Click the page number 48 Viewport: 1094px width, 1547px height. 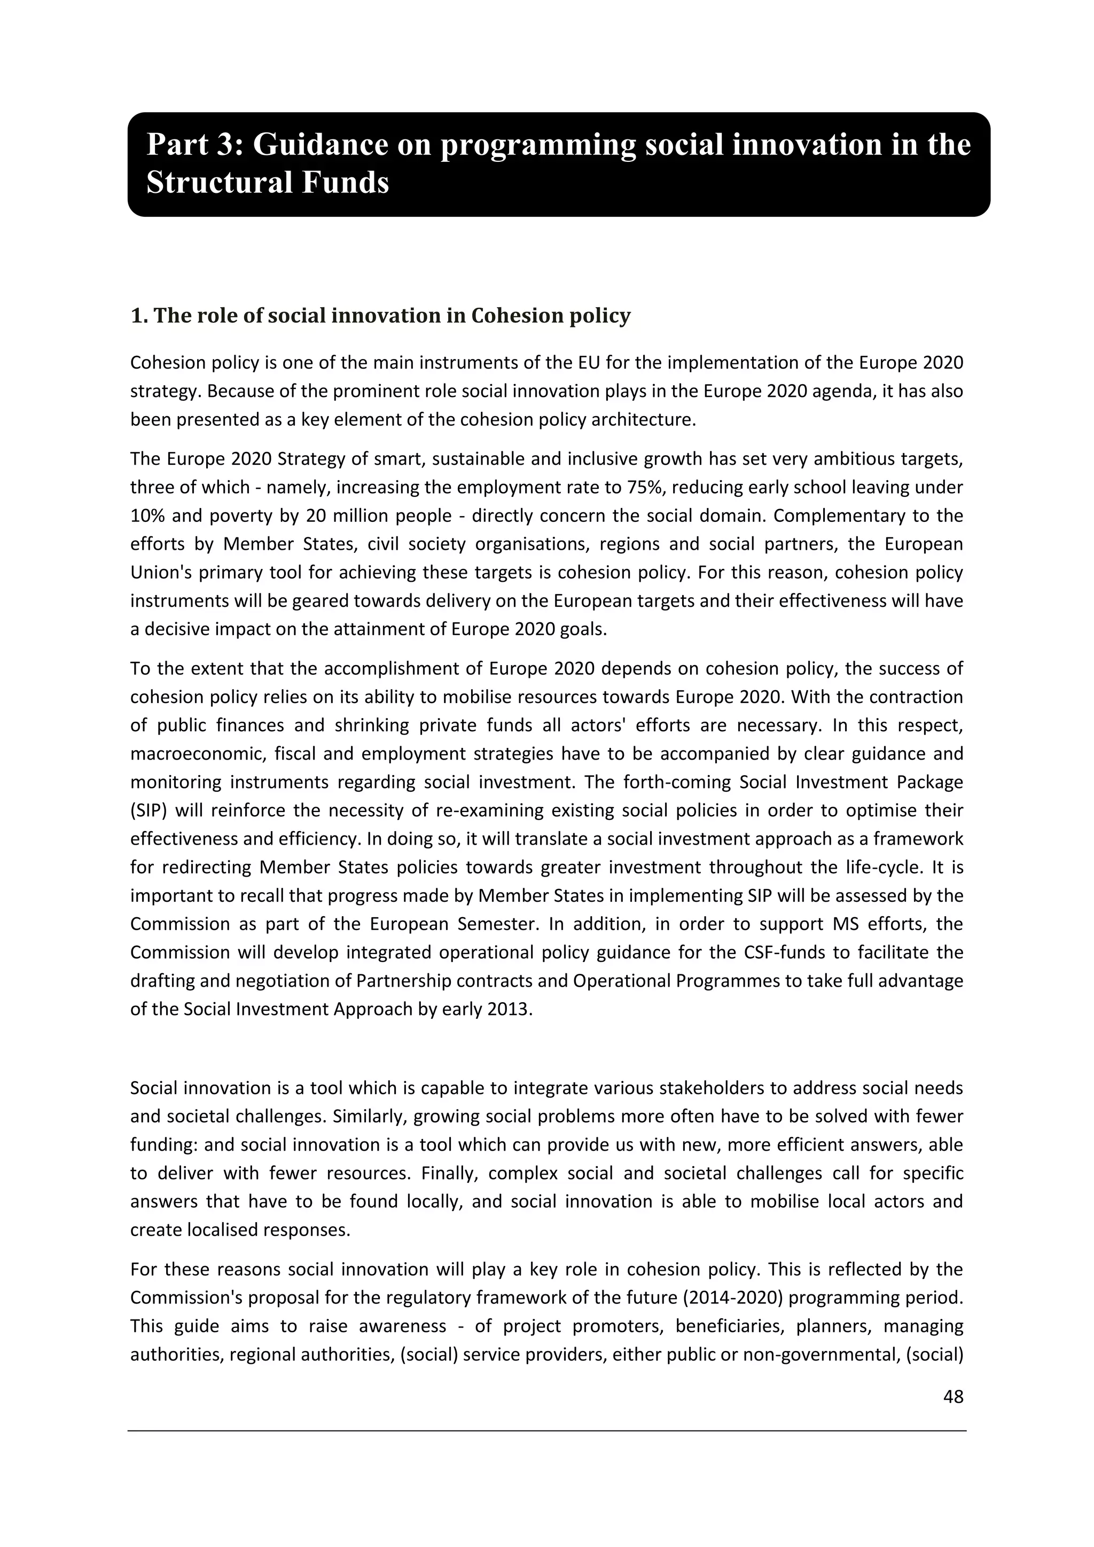pyautogui.click(x=953, y=1397)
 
